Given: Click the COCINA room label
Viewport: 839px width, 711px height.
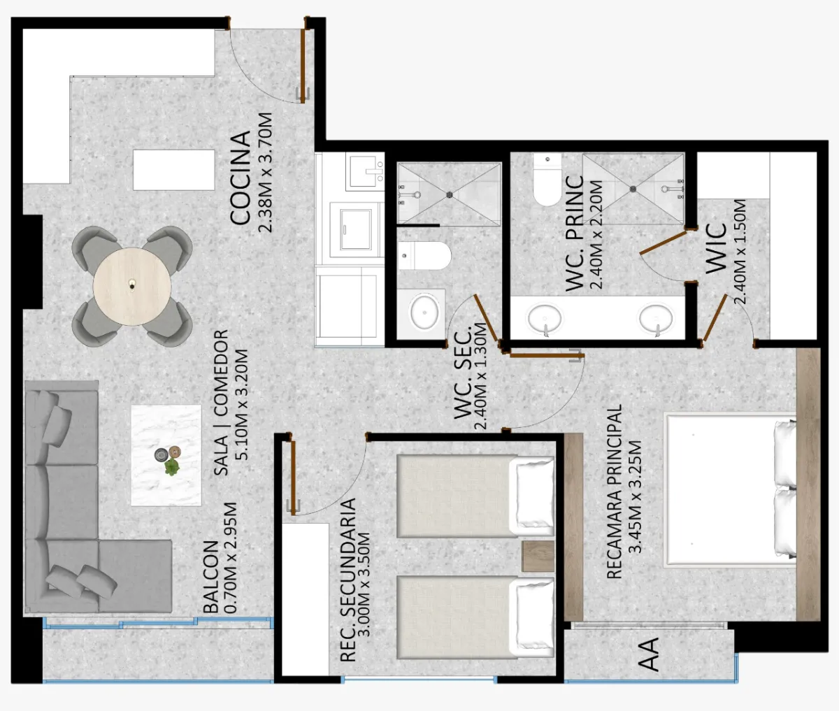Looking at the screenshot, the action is pos(240,178).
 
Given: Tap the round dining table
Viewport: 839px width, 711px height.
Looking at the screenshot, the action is pos(132,287).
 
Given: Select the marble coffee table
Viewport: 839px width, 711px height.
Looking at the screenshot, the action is pos(166,455).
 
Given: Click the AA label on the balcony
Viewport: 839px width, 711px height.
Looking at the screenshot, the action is pos(648,654).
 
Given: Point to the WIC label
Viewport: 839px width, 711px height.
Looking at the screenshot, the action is pos(716,248).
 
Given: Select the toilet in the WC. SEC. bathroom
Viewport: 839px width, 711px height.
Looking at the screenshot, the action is pos(424,256).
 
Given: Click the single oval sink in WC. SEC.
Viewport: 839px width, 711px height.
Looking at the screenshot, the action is pos(424,312).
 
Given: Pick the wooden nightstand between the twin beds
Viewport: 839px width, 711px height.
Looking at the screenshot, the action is pos(538,556).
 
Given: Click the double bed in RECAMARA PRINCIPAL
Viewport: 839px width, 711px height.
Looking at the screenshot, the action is pos(730,490).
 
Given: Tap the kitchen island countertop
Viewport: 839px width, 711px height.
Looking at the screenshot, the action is pos(173,170).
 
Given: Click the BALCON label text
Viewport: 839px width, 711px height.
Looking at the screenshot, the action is pos(211,577).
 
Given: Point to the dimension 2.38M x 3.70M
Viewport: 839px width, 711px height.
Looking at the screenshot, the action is pos(266,172).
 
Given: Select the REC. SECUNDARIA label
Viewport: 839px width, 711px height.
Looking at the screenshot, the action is pos(348,580).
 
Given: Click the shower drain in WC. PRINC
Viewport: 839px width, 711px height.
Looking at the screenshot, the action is pos(633,189).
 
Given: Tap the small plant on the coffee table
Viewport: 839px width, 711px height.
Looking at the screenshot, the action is pos(172,467).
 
